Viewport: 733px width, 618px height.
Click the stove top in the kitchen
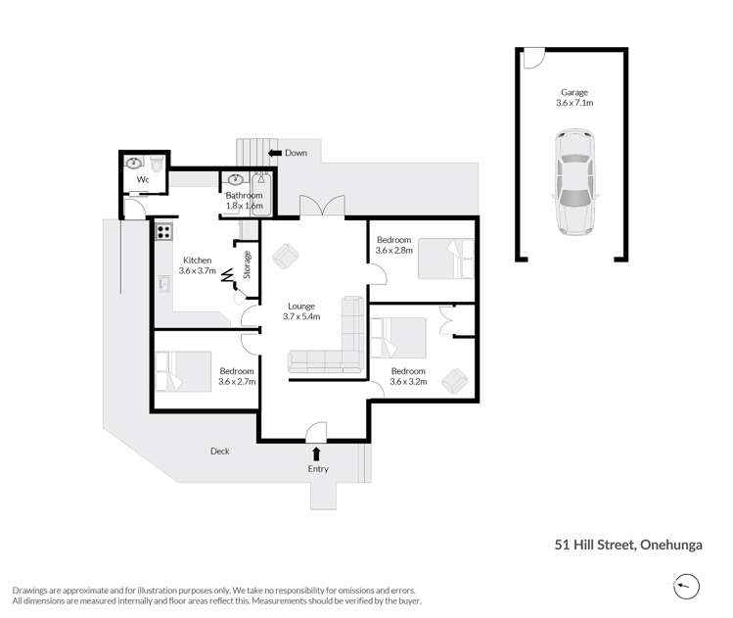(162, 233)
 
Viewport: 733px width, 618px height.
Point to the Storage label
(248, 266)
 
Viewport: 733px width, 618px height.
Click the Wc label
(143, 180)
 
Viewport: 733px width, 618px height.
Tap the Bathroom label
(245, 196)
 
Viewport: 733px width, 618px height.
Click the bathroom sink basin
(236, 180)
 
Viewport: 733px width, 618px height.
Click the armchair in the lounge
(286, 257)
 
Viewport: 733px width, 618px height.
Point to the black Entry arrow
(316, 452)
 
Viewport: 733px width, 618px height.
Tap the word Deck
(219, 452)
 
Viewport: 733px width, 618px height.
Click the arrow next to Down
(275, 153)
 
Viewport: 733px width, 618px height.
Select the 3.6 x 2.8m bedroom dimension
(394, 251)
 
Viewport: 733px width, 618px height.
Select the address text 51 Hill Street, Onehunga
(629, 546)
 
